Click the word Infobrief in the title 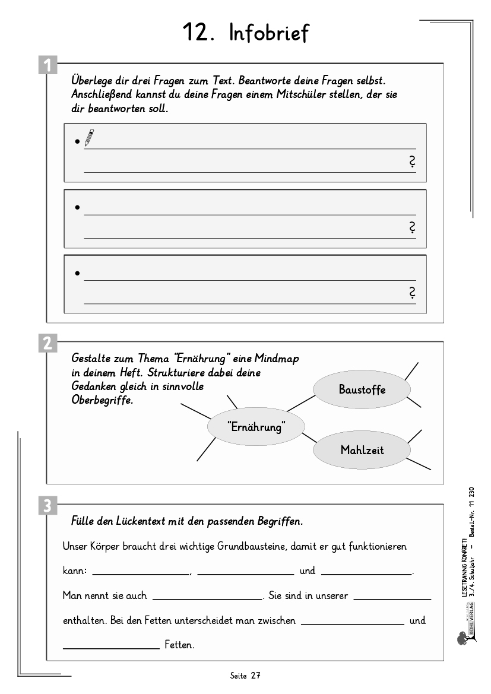point(269,33)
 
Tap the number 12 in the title point(195,33)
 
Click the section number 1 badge point(47,64)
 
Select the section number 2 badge point(47,343)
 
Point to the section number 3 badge point(47,506)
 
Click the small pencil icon point(89,138)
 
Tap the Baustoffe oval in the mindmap point(362,389)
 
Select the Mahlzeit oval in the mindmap point(362,450)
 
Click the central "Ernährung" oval point(256,426)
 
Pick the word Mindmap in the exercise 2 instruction point(277,359)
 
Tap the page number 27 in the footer point(255,676)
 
